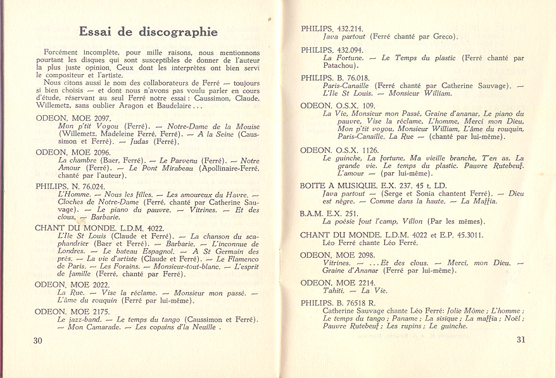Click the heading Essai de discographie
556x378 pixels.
pos(148,32)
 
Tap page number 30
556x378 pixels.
pos(37,340)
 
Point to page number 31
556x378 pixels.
pos(521,339)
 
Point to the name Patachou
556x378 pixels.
pos(341,65)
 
